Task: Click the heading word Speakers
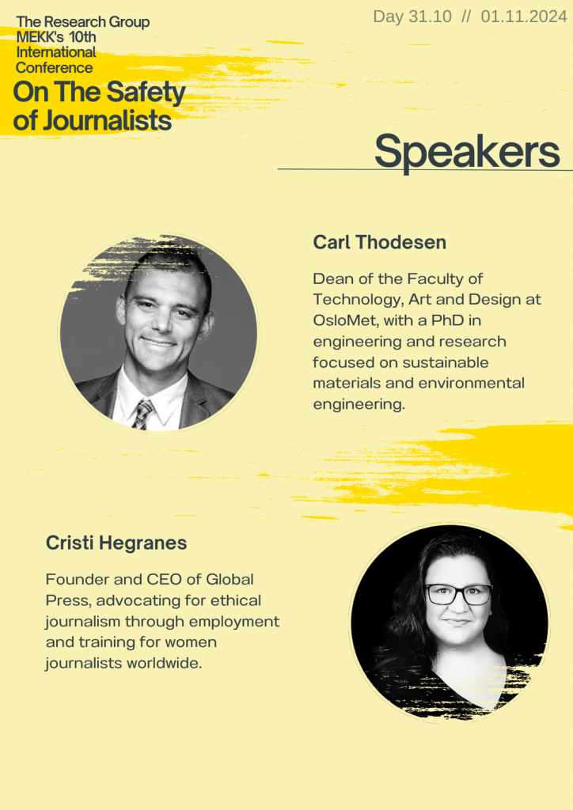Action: (467, 152)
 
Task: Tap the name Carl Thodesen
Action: (380, 242)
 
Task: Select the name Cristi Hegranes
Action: (116, 543)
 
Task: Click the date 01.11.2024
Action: (524, 17)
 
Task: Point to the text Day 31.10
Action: (412, 17)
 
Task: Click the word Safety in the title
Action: (146, 93)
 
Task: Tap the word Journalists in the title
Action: (107, 120)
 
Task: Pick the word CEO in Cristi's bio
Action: (165, 579)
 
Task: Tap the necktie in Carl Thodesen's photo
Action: (142, 414)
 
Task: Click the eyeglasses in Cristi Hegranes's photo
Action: (458, 594)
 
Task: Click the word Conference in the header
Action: (55, 68)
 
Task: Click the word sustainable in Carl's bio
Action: (446, 362)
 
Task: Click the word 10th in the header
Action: (82, 37)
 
